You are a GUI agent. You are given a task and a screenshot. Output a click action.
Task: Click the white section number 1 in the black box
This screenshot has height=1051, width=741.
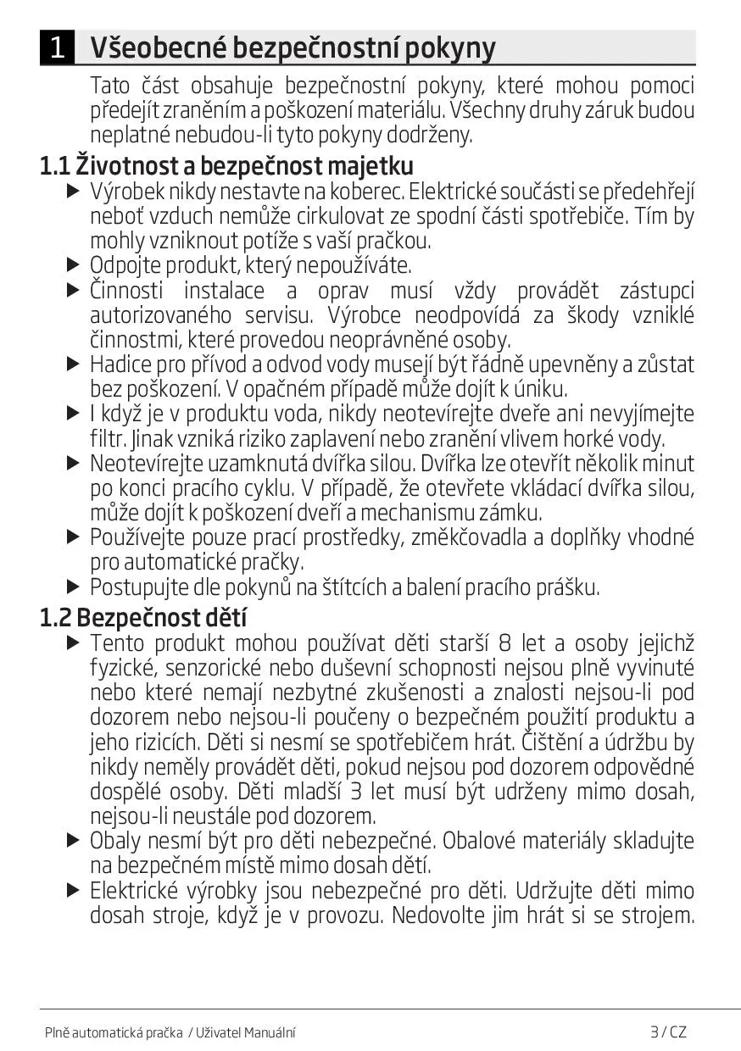[57, 47]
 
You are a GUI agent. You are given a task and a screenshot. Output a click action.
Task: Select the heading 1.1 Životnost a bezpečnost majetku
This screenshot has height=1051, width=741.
[226, 164]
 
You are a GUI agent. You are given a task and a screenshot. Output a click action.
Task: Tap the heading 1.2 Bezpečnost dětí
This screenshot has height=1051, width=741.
[142, 617]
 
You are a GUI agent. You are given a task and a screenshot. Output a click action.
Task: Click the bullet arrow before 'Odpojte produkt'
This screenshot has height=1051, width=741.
[73, 265]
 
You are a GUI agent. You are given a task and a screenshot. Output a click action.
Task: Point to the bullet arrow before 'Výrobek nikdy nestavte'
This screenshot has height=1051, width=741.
[73, 192]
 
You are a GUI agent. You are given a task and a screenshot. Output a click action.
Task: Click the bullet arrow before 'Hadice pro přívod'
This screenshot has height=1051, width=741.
[73, 364]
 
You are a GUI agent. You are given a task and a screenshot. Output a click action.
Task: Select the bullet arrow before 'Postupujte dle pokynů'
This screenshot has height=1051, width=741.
[73, 587]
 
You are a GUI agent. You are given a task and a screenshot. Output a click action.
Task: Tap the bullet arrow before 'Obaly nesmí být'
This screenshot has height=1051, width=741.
[73, 841]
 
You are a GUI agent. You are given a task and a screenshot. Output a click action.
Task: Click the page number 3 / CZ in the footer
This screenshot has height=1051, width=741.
[668, 1032]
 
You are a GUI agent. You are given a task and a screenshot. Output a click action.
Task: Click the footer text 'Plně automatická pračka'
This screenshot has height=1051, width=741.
[114, 1032]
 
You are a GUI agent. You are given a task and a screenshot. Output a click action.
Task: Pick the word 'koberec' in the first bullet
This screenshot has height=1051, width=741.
[381, 192]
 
